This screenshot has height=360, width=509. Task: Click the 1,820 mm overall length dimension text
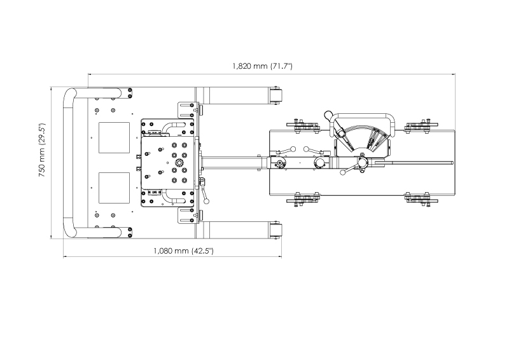[x=262, y=66]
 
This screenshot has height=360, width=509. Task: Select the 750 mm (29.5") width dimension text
[x=42, y=150]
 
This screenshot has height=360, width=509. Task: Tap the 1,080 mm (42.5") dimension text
[x=183, y=251]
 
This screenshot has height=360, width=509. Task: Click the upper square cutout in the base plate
[x=114, y=137]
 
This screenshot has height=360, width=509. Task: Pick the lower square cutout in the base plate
[x=114, y=188]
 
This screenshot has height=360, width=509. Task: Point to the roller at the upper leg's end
[x=275, y=96]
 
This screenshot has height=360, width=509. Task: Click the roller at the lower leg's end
[x=275, y=230]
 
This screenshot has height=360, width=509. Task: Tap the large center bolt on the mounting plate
[x=179, y=162]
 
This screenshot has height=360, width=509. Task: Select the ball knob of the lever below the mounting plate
[x=206, y=202]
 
